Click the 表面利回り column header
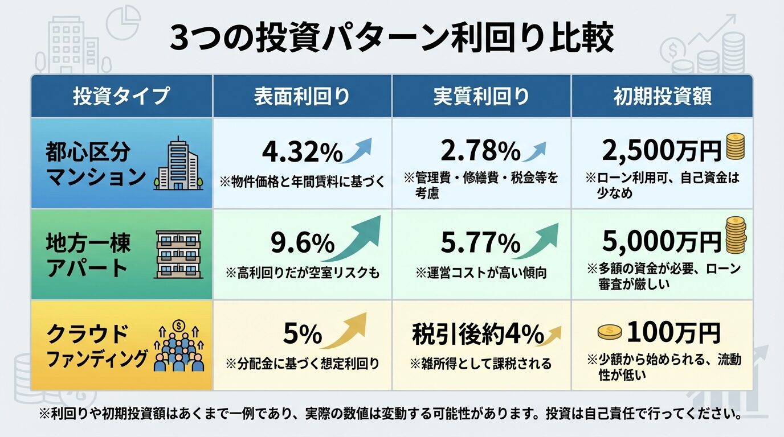click(x=302, y=96)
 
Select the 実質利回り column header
click(x=481, y=96)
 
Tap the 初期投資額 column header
click(x=662, y=96)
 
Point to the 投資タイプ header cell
click(x=121, y=96)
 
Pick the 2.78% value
click(x=480, y=151)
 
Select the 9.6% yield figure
click(x=302, y=244)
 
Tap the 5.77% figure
click(x=480, y=244)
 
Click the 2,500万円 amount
click(x=661, y=151)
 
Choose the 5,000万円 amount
click(x=661, y=243)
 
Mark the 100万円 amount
click(x=673, y=333)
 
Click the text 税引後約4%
click(x=477, y=334)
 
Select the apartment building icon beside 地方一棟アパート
click(x=178, y=254)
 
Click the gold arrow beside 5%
click(x=345, y=331)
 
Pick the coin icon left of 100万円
click(x=610, y=333)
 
